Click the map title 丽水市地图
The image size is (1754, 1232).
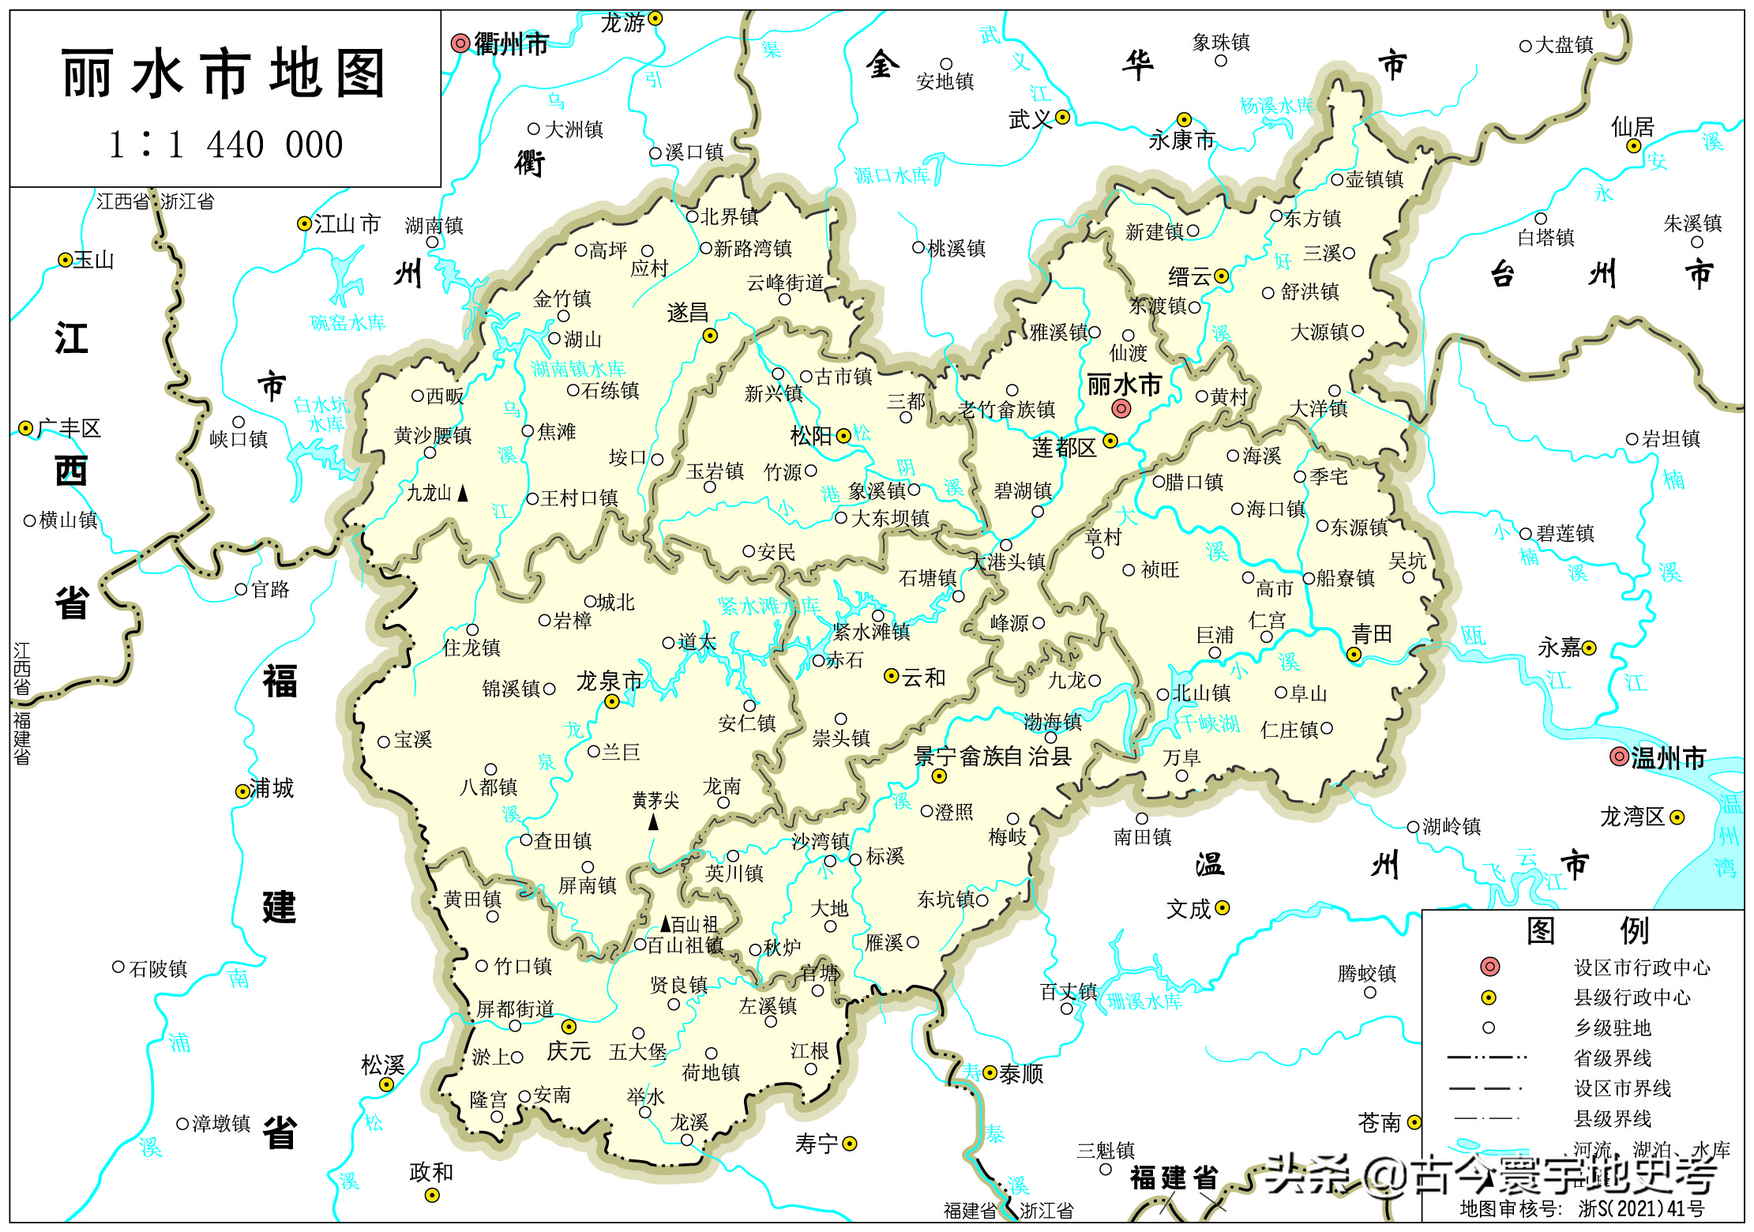coord(223,73)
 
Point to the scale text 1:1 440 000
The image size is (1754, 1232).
coord(226,145)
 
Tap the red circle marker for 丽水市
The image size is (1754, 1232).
coord(1121,408)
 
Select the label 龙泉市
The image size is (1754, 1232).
coord(609,681)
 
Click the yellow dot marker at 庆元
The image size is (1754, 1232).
coord(569,1027)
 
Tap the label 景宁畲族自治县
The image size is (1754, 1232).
coord(992,757)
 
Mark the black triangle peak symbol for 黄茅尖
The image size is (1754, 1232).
coord(653,822)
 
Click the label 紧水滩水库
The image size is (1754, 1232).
coord(768,607)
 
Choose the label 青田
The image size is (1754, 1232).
coord(1372,633)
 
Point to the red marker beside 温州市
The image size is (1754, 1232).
coord(1619,757)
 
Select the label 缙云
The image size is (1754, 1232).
coord(1189,276)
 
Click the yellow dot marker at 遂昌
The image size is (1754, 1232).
coord(710,336)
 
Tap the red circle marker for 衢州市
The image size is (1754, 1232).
coord(460,43)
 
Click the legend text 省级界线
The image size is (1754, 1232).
coord(1612,1058)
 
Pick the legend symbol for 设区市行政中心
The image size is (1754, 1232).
coord(1489,967)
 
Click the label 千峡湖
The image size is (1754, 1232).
coord(1209,723)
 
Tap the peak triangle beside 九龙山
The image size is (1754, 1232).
coord(463,494)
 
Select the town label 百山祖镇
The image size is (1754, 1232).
coord(684,945)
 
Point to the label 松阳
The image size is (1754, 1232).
coord(811,436)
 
